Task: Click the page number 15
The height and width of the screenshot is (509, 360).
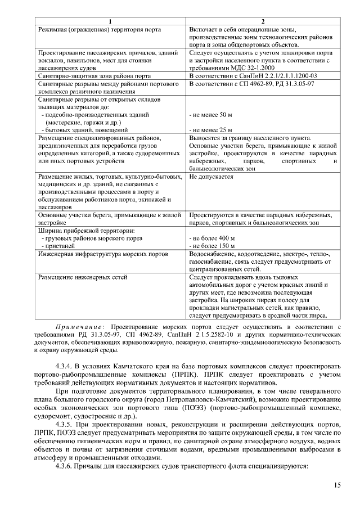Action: (x=337, y=485)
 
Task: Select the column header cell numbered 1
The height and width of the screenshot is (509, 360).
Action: (x=111, y=21)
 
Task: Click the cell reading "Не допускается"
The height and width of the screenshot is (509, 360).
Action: (x=211, y=177)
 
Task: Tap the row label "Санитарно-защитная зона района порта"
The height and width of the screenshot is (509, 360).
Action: (x=94, y=75)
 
